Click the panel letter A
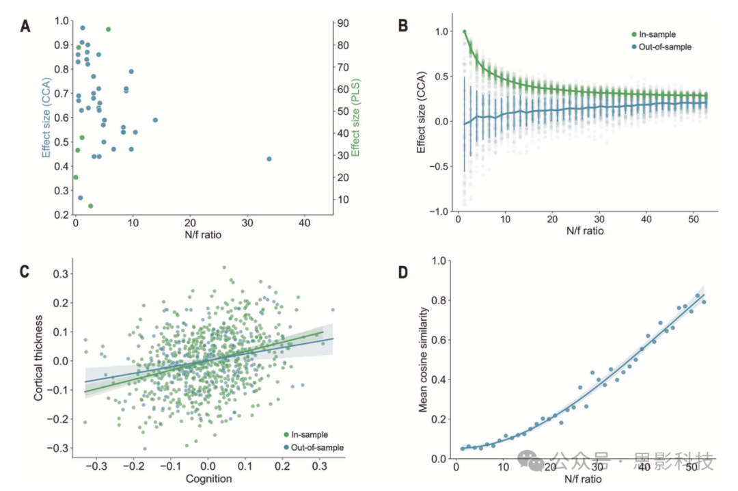coord(25,27)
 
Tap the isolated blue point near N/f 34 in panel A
coord(269,159)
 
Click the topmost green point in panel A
coord(108,29)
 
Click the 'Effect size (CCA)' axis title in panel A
coord(46,118)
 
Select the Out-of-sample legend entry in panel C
coord(314,447)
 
